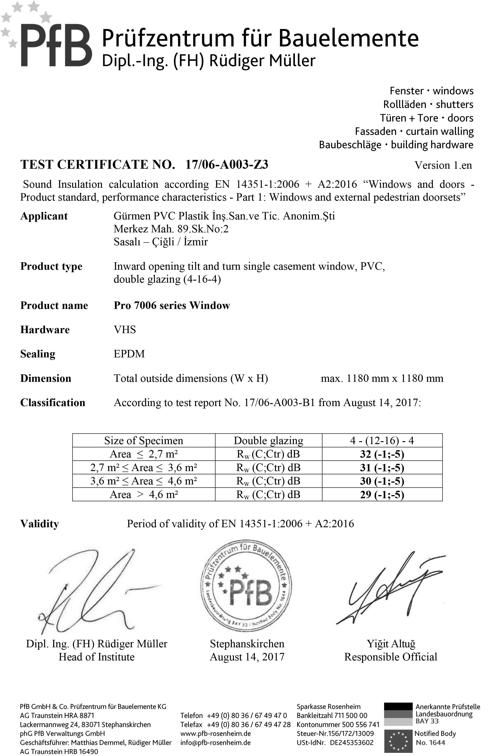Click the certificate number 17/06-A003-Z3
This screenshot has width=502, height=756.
tap(227, 165)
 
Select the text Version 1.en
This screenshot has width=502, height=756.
tap(443, 165)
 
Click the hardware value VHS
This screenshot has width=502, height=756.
tap(125, 330)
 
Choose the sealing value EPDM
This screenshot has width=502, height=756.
tap(129, 354)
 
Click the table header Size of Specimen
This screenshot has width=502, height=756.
tap(143, 441)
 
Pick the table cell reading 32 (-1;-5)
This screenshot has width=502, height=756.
tap(382, 454)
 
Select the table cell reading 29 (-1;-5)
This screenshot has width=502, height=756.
tap(382, 495)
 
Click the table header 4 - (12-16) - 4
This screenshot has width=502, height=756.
tap(382, 441)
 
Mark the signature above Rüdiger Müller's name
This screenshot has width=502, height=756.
tap(93, 593)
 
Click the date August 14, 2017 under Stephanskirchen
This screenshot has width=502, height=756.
tap(247, 657)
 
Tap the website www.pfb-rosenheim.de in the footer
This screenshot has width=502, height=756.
tap(215, 734)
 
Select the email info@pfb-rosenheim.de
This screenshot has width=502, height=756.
tap(215, 743)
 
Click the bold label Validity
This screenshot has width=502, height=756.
tap(39, 524)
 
